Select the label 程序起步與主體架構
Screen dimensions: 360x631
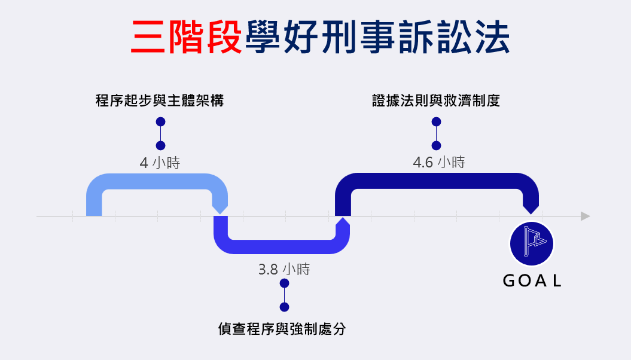tap(160, 100)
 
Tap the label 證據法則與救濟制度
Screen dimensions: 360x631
tap(436, 100)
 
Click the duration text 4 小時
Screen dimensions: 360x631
tap(160, 163)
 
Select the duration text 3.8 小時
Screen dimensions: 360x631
tap(284, 269)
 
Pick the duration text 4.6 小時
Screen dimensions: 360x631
tap(439, 163)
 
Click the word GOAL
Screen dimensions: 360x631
tap(532, 281)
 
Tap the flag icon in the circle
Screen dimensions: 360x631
tap(532, 244)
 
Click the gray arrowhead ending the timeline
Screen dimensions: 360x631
tap(585, 216)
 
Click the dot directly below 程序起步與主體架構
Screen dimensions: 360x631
tap(160, 122)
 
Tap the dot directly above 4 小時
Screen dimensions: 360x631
tap(160, 145)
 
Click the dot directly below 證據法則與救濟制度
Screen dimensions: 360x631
tap(436, 122)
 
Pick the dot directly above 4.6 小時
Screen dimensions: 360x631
tap(436, 145)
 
